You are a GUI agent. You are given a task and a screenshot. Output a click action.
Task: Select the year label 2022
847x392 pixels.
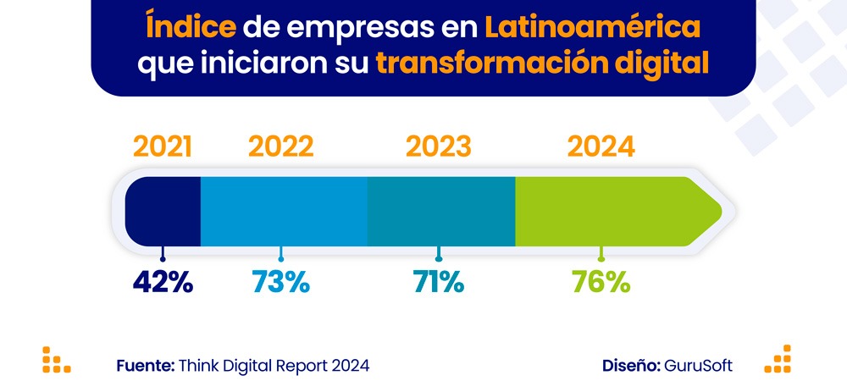(x=281, y=146)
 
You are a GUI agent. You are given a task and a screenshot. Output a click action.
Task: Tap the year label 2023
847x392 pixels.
(x=438, y=146)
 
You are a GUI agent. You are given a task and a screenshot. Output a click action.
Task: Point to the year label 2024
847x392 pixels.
(x=601, y=146)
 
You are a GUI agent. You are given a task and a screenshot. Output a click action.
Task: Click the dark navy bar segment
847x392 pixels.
(x=163, y=212)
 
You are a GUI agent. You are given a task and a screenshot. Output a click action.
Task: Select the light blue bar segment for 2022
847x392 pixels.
(x=284, y=212)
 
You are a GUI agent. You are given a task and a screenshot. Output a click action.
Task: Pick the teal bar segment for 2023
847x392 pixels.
(x=441, y=212)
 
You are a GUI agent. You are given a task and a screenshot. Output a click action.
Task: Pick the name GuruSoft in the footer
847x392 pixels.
(x=700, y=366)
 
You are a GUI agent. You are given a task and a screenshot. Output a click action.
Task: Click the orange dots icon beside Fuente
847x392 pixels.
(x=56, y=360)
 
